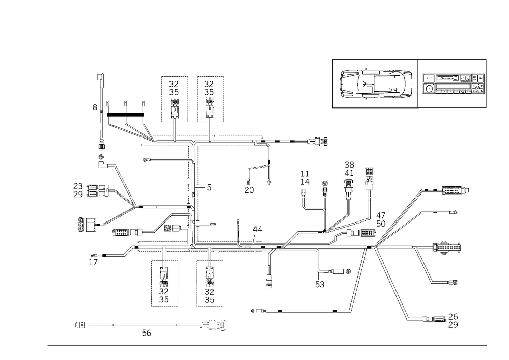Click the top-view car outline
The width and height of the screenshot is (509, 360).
(375, 83)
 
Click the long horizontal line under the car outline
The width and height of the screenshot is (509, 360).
(375, 109)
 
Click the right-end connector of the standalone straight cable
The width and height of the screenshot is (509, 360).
(216, 324)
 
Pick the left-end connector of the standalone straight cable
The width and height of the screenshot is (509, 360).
(79, 324)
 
